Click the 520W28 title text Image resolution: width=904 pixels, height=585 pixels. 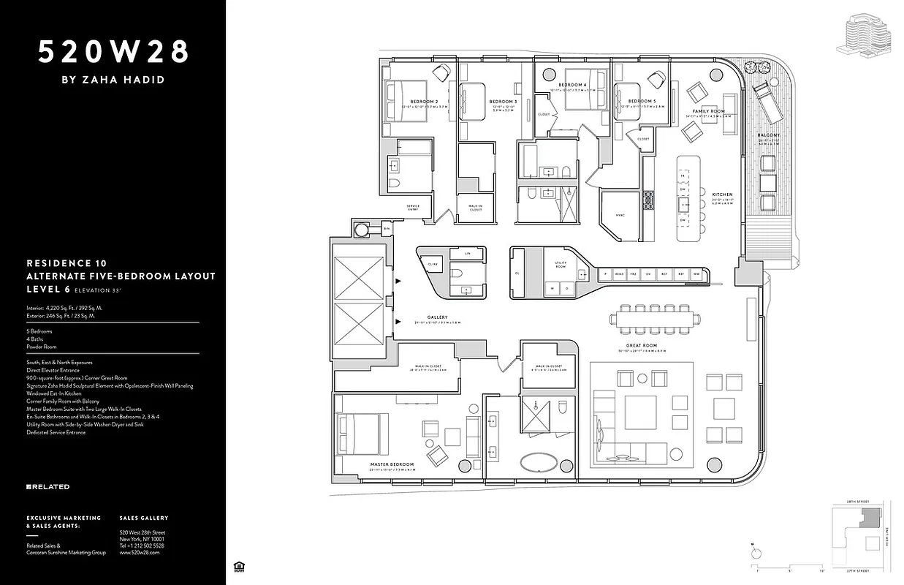click(x=113, y=52)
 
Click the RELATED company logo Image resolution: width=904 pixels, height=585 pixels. click(x=48, y=486)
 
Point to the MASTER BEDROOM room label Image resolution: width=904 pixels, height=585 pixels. click(x=392, y=464)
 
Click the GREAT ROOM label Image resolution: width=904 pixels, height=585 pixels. click(x=642, y=346)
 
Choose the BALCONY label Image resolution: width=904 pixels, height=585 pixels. click(x=768, y=136)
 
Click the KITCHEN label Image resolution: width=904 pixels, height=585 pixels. click(x=722, y=195)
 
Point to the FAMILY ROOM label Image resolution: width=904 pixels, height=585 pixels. click(x=709, y=111)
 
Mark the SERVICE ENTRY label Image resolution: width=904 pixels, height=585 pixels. click(x=413, y=207)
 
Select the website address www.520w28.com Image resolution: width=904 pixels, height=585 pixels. click(x=139, y=553)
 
